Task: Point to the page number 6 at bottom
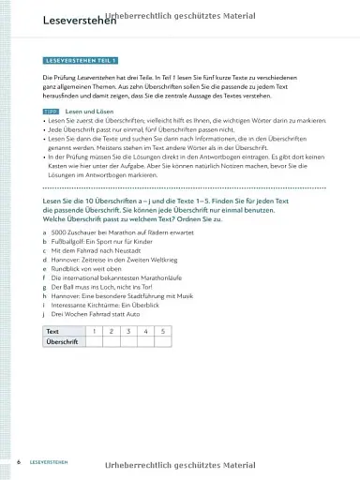pos(19,463)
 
